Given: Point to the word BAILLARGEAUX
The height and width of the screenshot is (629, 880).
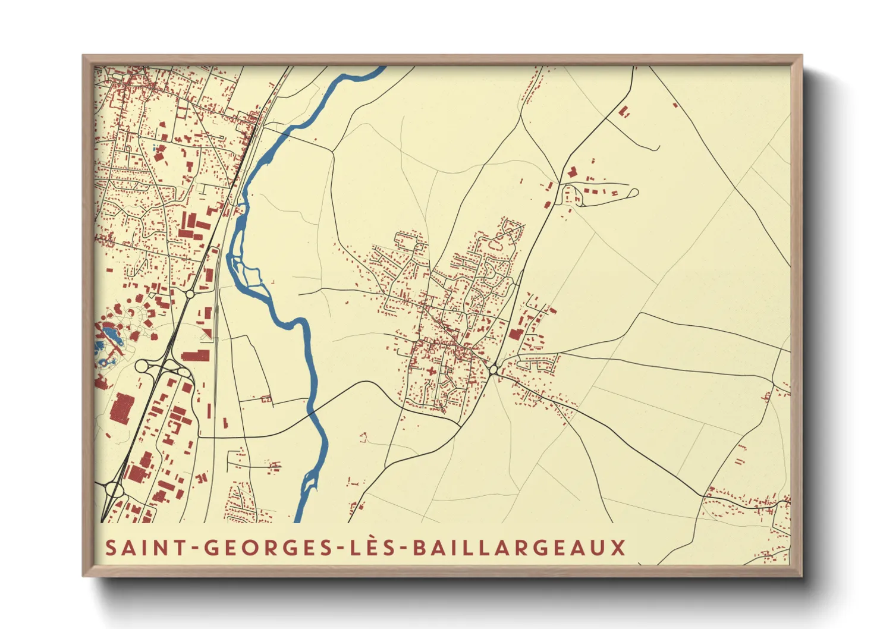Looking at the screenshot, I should coord(518,547).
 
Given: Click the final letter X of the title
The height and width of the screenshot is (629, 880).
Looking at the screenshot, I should coord(618,547).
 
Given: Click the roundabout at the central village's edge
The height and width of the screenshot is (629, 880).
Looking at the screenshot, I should coord(494,370).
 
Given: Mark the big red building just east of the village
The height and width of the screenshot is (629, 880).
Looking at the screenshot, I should coord(515,334).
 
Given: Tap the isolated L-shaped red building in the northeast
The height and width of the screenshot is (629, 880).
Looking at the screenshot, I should coord(572,172).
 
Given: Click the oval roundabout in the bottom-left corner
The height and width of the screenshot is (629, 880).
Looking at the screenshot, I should coord(113,490).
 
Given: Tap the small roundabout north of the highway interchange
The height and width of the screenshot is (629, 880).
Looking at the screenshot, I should coord(190,294).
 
